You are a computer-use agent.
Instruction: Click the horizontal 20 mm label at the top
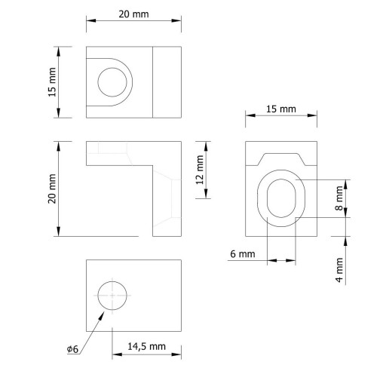click(x=133, y=14)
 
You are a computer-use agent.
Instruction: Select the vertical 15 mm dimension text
click(x=52, y=82)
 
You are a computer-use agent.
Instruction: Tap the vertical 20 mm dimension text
click(x=52, y=189)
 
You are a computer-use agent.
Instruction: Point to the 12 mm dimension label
click(x=200, y=170)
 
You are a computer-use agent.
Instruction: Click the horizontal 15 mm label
click(x=281, y=109)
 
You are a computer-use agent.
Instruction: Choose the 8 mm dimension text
click(x=339, y=198)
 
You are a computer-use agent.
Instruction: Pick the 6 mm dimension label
click(x=243, y=254)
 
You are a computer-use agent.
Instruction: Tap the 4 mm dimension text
click(x=339, y=270)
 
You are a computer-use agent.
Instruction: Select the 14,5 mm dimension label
click(x=146, y=347)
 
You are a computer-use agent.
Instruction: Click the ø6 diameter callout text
click(x=72, y=349)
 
